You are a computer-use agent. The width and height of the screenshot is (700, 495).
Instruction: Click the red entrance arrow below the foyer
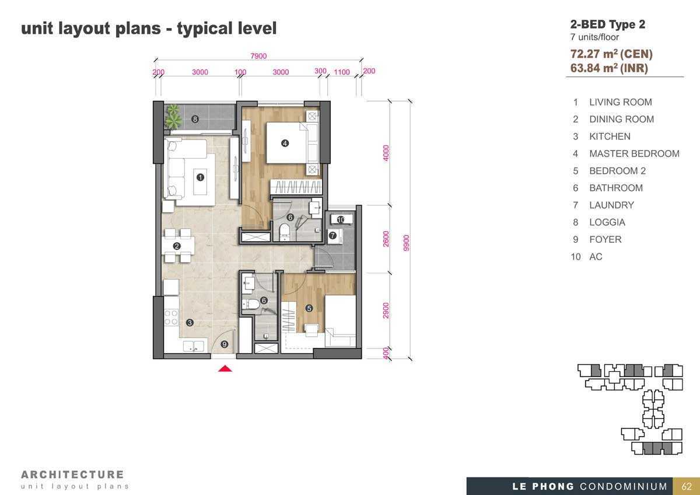(x=225, y=369)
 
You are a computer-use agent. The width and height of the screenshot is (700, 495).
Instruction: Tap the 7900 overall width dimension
(x=258, y=56)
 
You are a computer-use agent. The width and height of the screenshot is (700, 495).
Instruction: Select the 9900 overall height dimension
(x=406, y=243)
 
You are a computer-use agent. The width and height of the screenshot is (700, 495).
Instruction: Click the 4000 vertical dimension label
(x=386, y=153)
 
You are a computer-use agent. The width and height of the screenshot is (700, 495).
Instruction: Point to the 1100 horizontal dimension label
(x=342, y=72)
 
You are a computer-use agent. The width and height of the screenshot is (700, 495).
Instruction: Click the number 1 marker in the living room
(x=200, y=177)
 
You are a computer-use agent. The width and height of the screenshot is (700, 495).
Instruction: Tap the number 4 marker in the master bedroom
(x=285, y=143)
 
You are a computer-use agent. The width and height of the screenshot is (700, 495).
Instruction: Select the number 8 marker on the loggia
(x=195, y=119)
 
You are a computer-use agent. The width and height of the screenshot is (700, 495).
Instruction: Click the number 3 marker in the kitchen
(x=190, y=322)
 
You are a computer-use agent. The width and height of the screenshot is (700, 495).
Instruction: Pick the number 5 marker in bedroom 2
(x=309, y=308)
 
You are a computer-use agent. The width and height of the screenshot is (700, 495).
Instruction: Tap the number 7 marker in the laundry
(x=332, y=235)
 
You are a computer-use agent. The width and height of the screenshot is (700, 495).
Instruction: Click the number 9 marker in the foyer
(x=225, y=344)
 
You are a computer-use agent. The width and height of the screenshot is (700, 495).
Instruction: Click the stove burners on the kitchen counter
(x=171, y=317)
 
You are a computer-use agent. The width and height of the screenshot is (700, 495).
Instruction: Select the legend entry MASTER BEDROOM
(x=634, y=154)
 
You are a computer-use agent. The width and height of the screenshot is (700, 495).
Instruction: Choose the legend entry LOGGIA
(x=607, y=222)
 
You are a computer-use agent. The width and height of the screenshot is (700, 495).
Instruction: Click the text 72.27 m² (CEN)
(x=611, y=54)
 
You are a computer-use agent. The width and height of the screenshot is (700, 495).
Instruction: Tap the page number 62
(x=687, y=486)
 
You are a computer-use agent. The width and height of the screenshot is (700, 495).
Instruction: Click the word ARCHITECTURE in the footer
(x=72, y=475)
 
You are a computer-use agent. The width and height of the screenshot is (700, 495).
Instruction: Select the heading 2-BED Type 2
(x=607, y=25)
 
